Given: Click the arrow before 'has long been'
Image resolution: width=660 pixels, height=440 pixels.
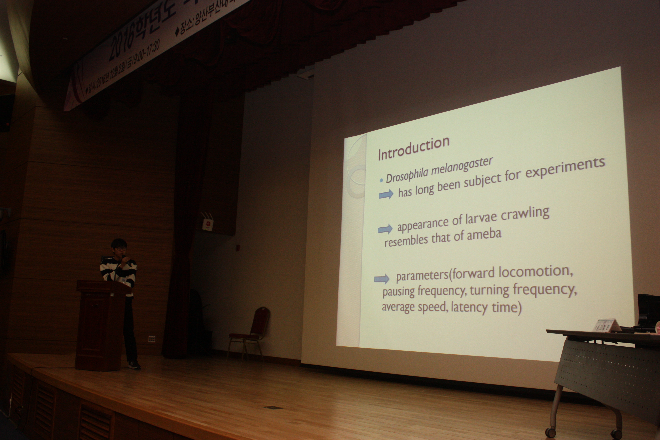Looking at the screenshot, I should pos(386,194).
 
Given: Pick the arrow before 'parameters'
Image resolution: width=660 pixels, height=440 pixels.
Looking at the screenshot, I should pos(382,279).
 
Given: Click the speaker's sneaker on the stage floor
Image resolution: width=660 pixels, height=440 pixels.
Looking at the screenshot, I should pos(134,365).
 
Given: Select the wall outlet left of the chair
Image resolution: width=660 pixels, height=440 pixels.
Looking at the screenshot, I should pos(152,339).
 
